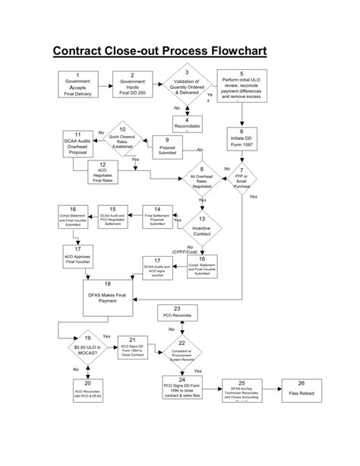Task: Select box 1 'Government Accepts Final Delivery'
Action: click(78, 84)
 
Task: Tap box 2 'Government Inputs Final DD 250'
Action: click(132, 84)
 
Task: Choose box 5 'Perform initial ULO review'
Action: click(242, 85)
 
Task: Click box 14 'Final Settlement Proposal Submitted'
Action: click(156, 217)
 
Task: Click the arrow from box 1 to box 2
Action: click(105, 84)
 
